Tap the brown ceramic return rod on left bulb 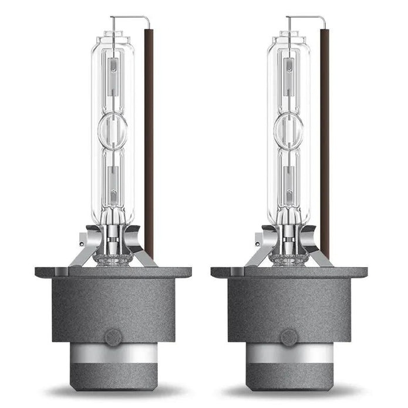[149, 147]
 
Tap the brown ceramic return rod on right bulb [324, 147]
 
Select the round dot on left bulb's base [112, 336]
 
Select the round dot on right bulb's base [287, 336]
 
